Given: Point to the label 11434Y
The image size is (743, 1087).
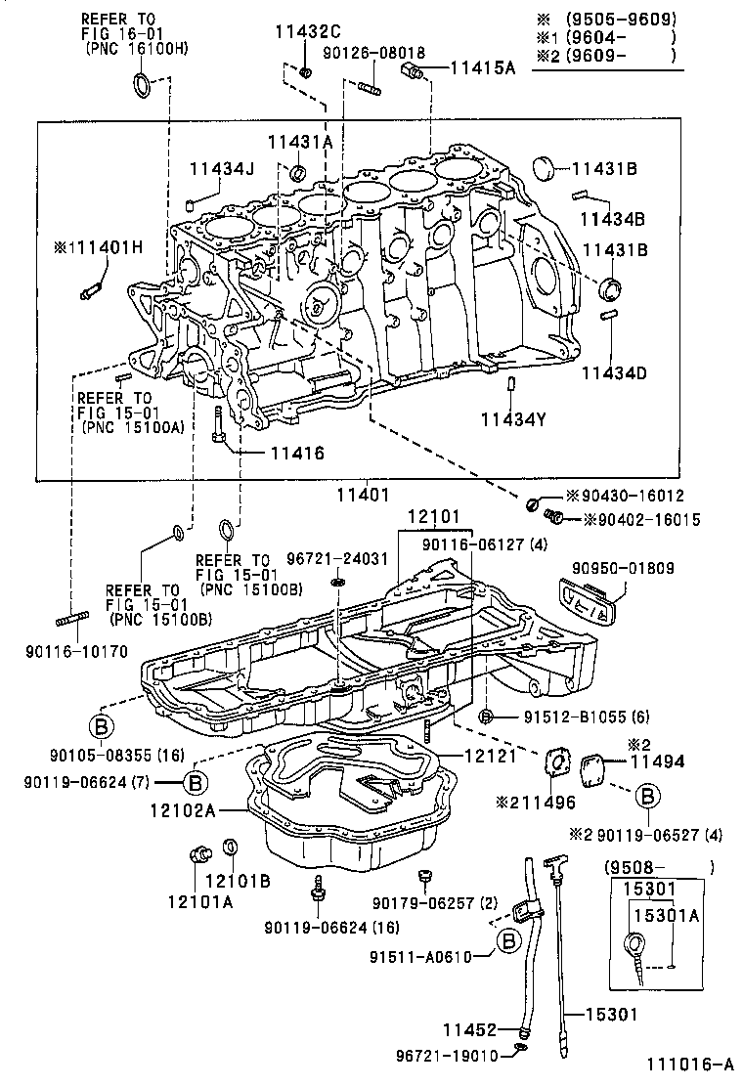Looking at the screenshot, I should (511, 419).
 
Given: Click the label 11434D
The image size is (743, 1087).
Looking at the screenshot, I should (614, 373).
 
